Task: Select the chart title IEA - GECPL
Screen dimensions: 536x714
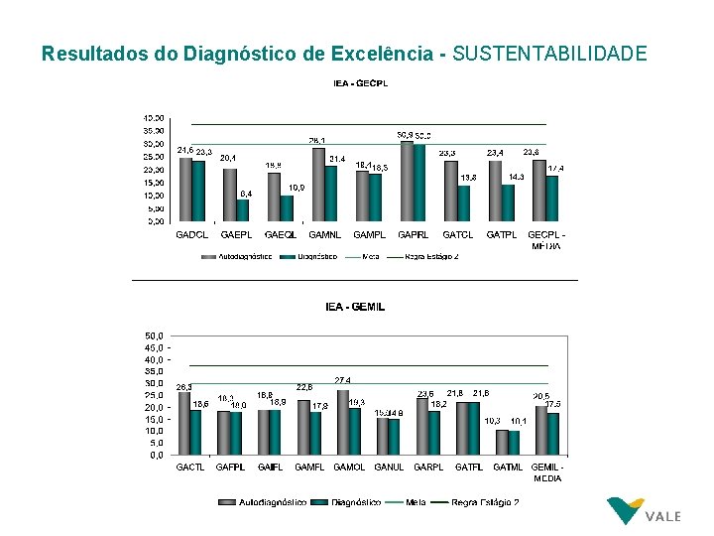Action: tap(360, 83)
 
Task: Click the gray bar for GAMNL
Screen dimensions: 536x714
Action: tap(316, 185)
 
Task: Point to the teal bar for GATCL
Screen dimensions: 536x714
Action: tap(464, 203)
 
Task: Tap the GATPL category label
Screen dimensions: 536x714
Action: tap(502, 235)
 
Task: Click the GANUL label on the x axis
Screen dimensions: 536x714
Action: tap(389, 467)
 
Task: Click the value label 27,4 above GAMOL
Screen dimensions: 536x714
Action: tap(342, 380)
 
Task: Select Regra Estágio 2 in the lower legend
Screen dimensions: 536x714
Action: tap(485, 502)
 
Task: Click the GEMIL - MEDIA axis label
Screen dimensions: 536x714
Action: tap(546, 471)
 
